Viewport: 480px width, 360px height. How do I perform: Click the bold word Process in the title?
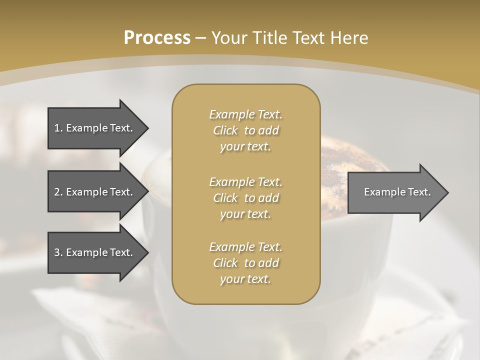(x=157, y=38)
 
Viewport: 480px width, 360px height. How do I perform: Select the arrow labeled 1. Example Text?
(x=95, y=128)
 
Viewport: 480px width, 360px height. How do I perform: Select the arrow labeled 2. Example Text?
(x=95, y=192)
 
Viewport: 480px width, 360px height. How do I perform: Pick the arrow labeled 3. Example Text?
(x=95, y=252)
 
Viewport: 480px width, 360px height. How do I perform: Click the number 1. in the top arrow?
(x=58, y=128)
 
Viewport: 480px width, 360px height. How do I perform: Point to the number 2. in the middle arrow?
(x=58, y=192)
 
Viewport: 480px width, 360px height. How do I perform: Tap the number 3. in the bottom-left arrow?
(x=58, y=252)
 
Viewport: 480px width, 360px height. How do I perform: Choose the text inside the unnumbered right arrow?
(x=397, y=192)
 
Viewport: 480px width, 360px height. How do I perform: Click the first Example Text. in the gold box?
(x=245, y=114)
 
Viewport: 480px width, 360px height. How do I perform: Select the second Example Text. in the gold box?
(x=245, y=182)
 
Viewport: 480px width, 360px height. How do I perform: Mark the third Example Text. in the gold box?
(x=245, y=247)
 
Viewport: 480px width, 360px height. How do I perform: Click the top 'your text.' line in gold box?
(x=245, y=147)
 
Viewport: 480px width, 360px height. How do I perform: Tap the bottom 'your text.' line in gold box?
(x=245, y=279)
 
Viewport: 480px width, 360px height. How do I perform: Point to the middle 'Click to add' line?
(x=245, y=198)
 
